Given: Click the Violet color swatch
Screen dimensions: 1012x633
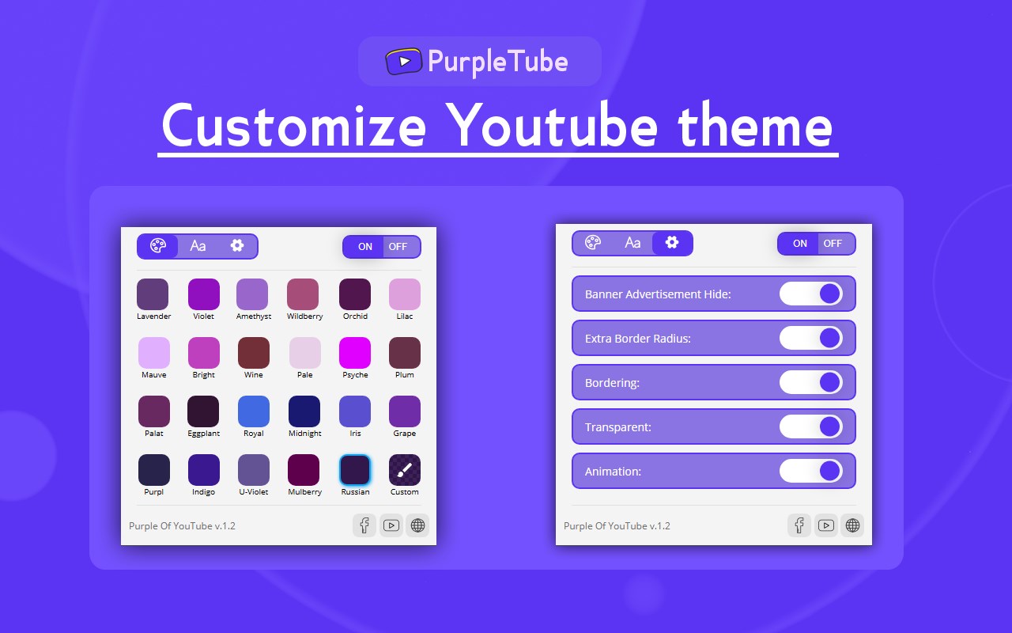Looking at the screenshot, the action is pyautogui.click(x=204, y=294).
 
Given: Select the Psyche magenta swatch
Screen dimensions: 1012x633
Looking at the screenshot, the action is pyautogui.click(x=355, y=353).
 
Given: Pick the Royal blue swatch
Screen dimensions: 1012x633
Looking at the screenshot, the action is pyautogui.click(x=254, y=411).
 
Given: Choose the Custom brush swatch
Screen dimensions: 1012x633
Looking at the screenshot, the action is pyautogui.click(x=404, y=470).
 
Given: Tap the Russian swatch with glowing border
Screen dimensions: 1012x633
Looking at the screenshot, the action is pyautogui.click(x=355, y=470).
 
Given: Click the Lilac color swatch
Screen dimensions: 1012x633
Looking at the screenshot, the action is pyautogui.click(x=404, y=294).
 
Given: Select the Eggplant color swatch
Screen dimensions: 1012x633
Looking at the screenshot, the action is pyautogui.click(x=203, y=411).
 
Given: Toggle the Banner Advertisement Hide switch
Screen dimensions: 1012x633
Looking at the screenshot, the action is pyautogui.click(x=811, y=294).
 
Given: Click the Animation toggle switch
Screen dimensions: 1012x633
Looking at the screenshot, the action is pyautogui.click(x=811, y=471).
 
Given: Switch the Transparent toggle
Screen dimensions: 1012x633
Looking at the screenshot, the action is pyautogui.click(x=811, y=426).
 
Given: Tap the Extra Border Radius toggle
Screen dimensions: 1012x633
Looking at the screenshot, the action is pyautogui.click(x=811, y=338).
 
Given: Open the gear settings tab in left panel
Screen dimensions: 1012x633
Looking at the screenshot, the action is pyautogui.click(x=237, y=245).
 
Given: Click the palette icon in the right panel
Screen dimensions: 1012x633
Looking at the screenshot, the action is pyautogui.click(x=593, y=243).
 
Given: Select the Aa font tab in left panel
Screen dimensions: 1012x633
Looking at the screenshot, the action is pyautogui.click(x=198, y=246).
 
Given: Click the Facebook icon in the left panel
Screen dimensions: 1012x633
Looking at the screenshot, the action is pyautogui.click(x=364, y=525).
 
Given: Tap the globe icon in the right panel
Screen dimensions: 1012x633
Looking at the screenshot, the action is pyautogui.click(x=852, y=525).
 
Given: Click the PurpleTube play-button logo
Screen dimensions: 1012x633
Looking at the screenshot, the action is pyautogui.click(x=403, y=61).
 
